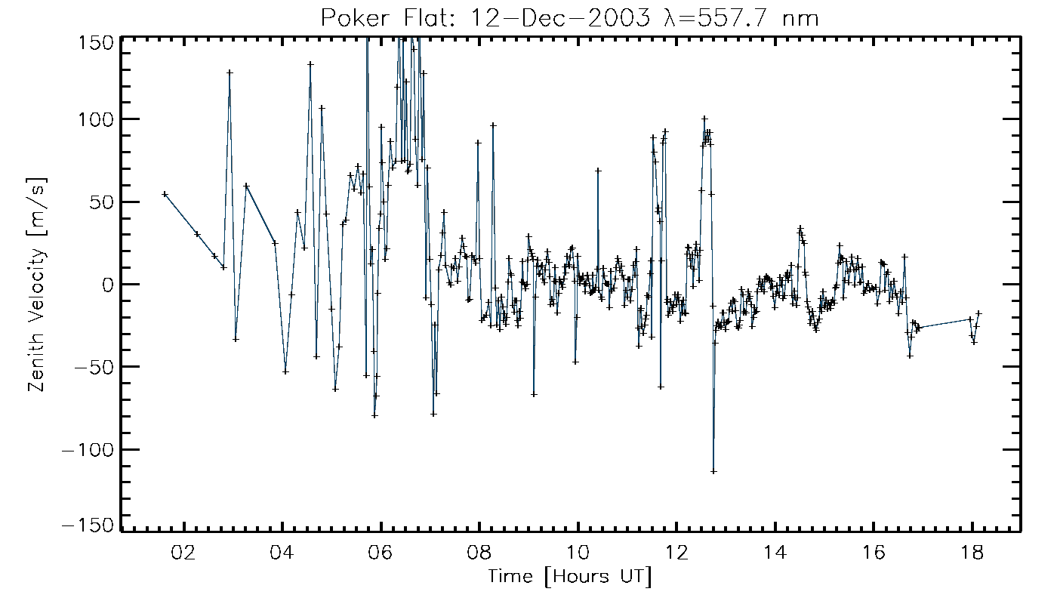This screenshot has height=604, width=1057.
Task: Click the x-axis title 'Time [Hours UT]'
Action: (570, 578)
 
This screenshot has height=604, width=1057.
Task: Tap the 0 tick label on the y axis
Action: (106, 285)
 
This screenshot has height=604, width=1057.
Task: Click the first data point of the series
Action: (165, 194)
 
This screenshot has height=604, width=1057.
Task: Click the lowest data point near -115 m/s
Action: (713, 471)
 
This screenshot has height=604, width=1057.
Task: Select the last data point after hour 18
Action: (979, 313)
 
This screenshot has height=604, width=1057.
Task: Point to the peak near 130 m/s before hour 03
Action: (230, 72)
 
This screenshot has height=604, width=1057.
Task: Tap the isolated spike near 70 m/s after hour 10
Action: (598, 171)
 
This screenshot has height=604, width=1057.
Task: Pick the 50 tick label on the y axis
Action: (101, 202)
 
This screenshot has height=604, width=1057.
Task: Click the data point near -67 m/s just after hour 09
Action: (534, 394)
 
